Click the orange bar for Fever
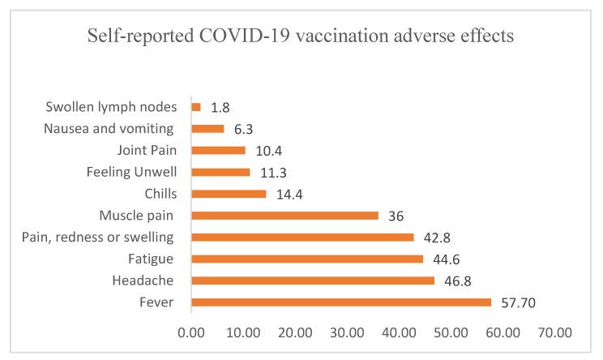click(x=341, y=302)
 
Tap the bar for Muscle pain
click(x=284, y=216)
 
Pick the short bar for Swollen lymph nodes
click(x=196, y=106)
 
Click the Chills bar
click(x=229, y=194)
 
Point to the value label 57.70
click(x=519, y=302)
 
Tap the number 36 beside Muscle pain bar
click(x=396, y=216)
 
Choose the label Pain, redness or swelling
click(x=107, y=237)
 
